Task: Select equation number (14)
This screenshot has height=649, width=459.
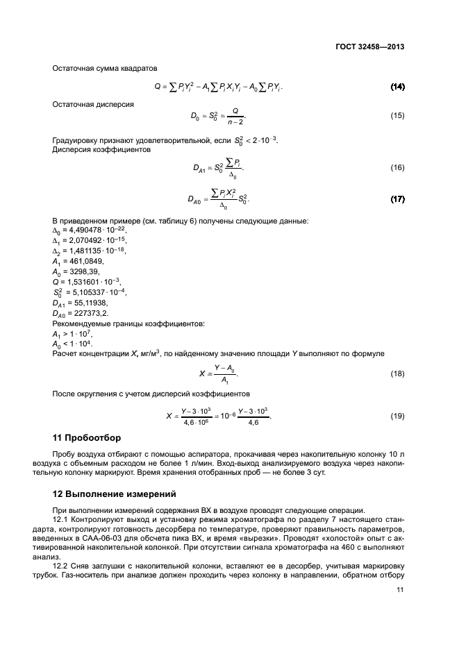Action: (397, 87)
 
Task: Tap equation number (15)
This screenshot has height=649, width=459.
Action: (397, 116)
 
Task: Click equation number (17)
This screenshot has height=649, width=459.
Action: (397, 199)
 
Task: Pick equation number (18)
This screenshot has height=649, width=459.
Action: (397, 374)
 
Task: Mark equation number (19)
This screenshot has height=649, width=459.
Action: (397, 416)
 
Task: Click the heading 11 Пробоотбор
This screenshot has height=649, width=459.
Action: (87, 438)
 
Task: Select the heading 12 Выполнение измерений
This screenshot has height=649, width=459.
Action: (110, 495)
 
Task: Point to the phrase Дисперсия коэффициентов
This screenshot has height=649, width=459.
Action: (101, 149)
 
